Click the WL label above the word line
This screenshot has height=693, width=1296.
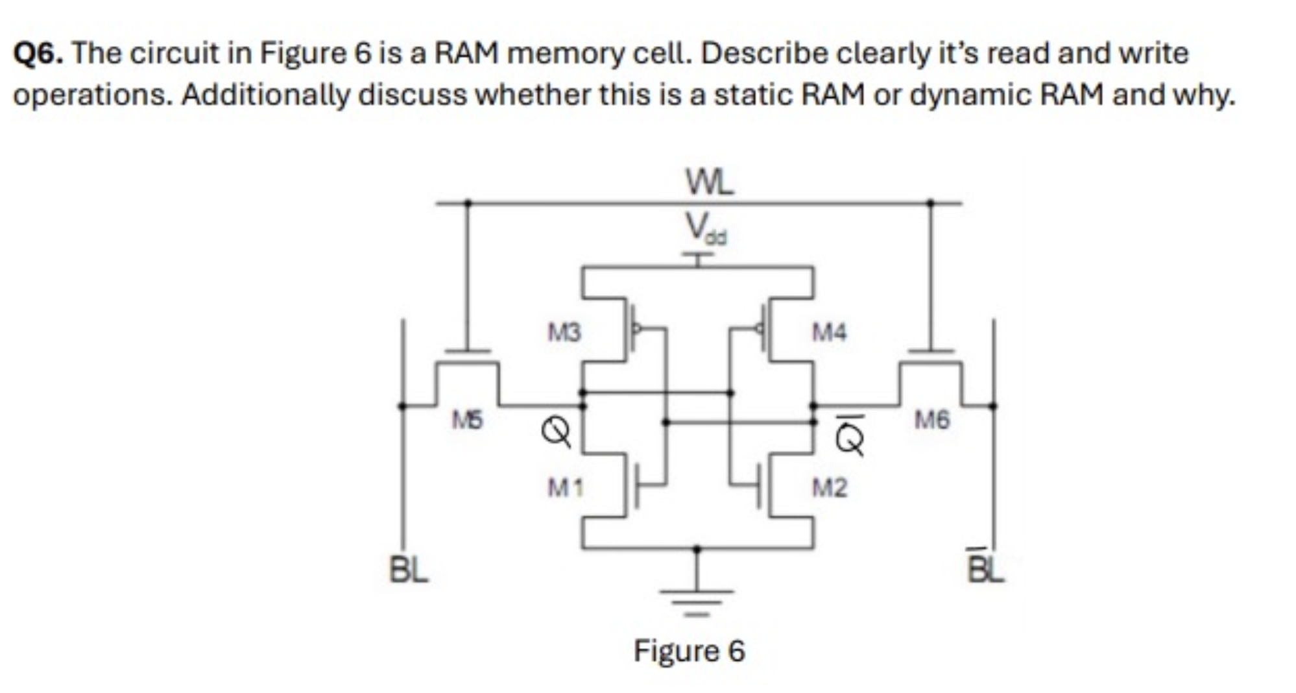[x=710, y=182]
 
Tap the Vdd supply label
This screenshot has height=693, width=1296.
[x=706, y=228]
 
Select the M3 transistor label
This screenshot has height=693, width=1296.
[x=564, y=333]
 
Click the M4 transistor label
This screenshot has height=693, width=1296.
[x=830, y=332]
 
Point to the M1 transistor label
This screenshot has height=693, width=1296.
[x=566, y=487]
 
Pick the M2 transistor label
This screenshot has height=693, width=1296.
[x=830, y=487]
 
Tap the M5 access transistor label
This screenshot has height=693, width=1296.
[x=468, y=420]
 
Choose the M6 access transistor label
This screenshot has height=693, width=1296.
[x=932, y=420]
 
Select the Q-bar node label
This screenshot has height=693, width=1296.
[x=850, y=436]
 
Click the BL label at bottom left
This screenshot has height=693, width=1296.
[x=409, y=570]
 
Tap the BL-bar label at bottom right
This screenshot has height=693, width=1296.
[x=985, y=568]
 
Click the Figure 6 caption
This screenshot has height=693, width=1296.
[x=689, y=651]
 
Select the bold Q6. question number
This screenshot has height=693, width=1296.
[x=38, y=53]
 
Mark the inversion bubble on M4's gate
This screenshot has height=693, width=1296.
[x=758, y=328]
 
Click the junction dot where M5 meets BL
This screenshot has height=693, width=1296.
[x=403, y=406]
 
